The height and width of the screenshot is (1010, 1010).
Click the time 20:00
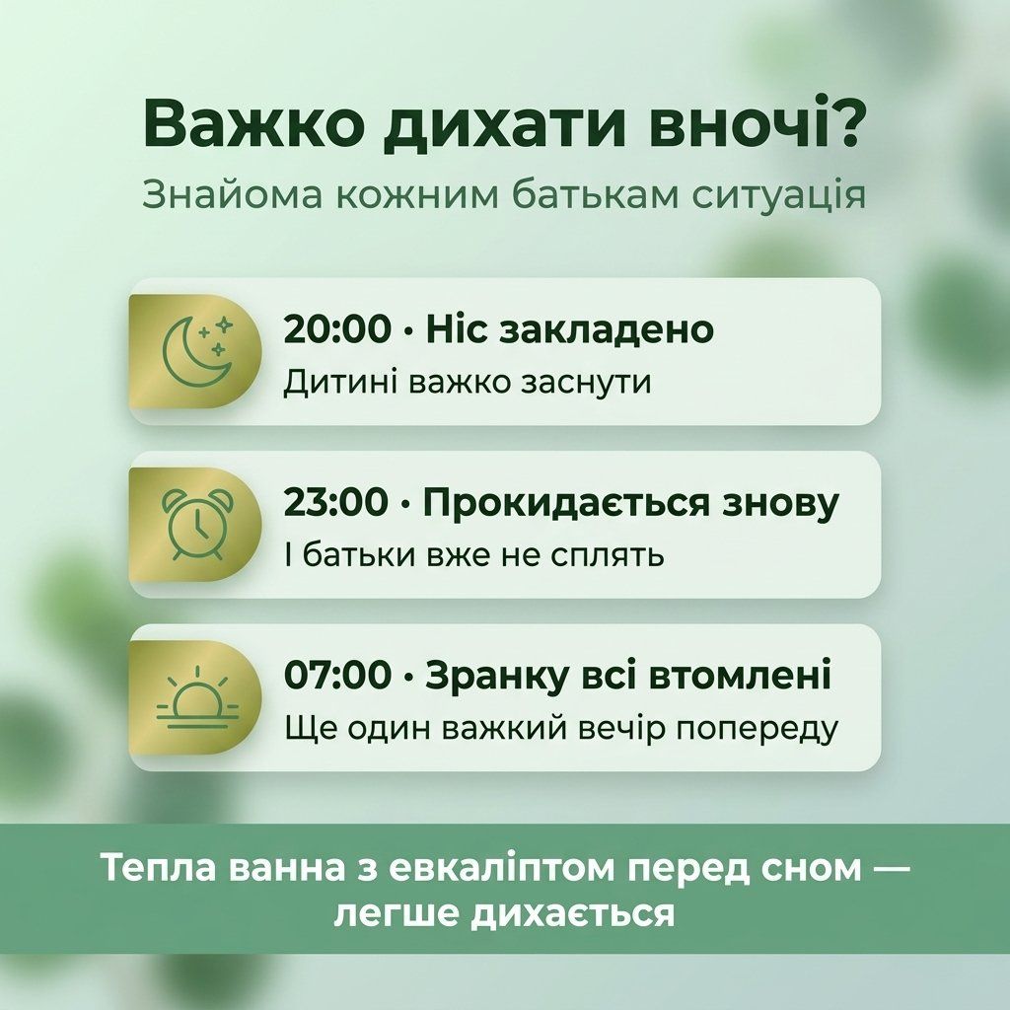(x=337, y=329)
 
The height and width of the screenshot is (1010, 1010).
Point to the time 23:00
(x=336, y=502)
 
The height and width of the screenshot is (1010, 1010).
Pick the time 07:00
(x=337, y=675)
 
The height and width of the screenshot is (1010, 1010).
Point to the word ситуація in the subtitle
(x=779, y=197)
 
